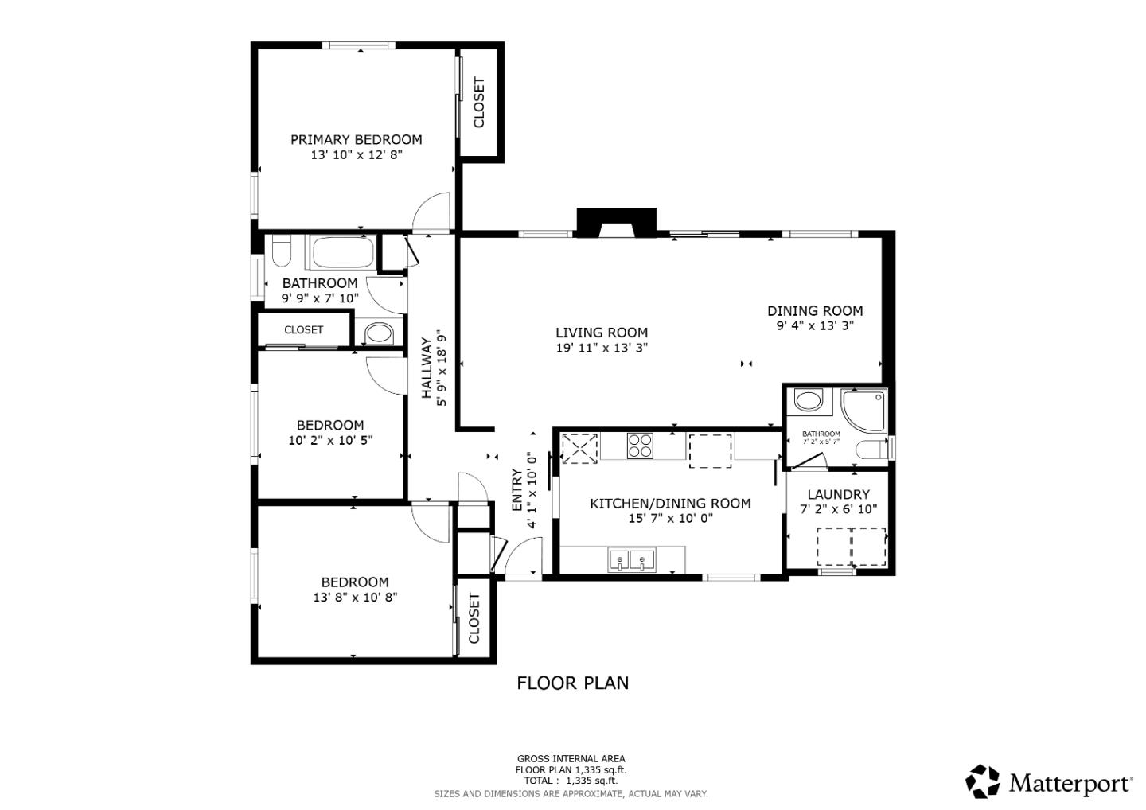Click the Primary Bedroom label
pos(356,140)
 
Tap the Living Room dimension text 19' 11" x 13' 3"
pos(602,348)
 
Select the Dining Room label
pos(815,311)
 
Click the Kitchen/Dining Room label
pos(670,504)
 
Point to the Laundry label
pos(838,494)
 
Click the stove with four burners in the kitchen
pos(640,446)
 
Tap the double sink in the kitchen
pos(632,560)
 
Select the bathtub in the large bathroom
pos(342,253)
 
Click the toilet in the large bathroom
pos(280,253)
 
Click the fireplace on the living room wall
pos(616,223)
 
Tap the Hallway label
pos(427,368)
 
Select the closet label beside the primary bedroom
pos(479,102)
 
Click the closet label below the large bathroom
pos(304,329)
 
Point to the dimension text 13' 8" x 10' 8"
pos(355,598)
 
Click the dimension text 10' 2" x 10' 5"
pos(330,440)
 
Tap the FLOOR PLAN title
pos(572,683)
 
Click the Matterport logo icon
pos(983,781)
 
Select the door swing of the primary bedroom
pos(431,211)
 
